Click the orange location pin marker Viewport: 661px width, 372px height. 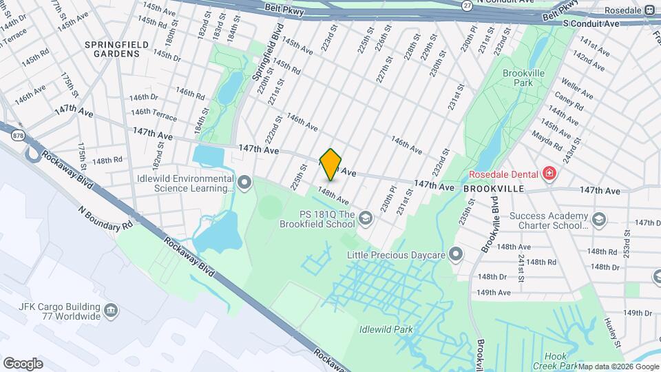point(331,164)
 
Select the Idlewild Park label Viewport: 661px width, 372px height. point(386,329)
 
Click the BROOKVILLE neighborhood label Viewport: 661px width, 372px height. point(494,187)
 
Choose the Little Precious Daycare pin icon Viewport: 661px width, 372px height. point(455,254)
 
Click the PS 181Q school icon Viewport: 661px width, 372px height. point(365,219)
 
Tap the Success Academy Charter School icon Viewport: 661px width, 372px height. point(599,220)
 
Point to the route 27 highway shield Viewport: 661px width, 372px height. point(467,5)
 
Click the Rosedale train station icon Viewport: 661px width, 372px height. point(649,10)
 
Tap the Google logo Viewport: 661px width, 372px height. point(23,363)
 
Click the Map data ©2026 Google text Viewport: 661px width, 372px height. point(618,366)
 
